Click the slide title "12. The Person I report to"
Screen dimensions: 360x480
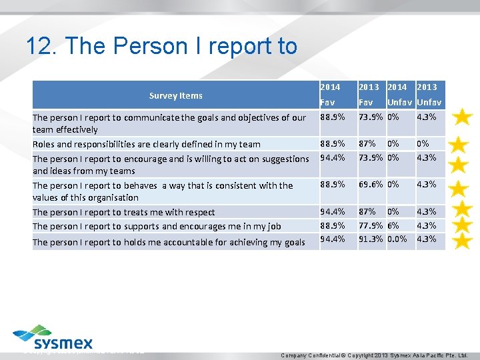(161, 46)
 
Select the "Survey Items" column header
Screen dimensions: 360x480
(176, 95)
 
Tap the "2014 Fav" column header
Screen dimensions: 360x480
(330, 95)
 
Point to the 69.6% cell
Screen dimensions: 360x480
(370, 185)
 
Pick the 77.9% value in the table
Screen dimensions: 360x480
(370, 226)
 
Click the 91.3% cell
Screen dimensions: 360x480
(370, 239)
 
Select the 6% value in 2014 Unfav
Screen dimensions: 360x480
(393, 226)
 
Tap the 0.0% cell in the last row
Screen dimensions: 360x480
(397, 239)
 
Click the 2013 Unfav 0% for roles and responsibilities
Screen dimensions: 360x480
(423, 143)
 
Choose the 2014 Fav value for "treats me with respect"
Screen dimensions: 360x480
(333, 212)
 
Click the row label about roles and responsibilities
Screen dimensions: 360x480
(147, 144)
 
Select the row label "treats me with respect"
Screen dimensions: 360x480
(124, 212)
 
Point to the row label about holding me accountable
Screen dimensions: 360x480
(169, 242)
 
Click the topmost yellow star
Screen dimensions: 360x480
(463, 118)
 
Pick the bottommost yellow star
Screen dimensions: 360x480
(463, 240)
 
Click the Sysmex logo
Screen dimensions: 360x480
(54, 337)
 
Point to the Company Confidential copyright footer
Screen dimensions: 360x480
(375, 355)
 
